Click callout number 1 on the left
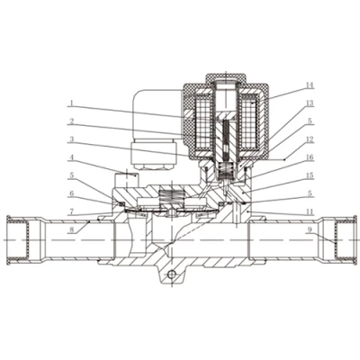click(x=71, y=103)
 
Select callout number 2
click(x=71, y=121)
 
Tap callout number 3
click(x=71, y=139)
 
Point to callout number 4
click(x=71, y=157)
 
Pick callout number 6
click(x=71, y=193)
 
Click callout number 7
click(x=71, y=211)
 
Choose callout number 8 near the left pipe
click(x=71, y=230)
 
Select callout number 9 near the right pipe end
click(x=310, y=230)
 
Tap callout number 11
click(x=310, y=212)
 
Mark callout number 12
click(x=310, y=139)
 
